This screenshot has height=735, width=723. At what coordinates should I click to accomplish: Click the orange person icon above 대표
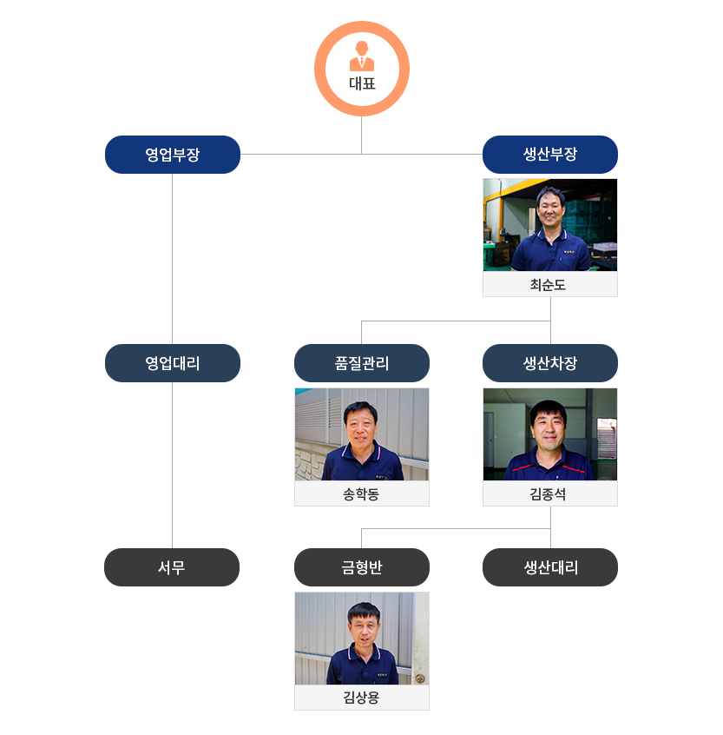point(361,56)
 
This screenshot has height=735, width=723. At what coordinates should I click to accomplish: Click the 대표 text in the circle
point(361,84)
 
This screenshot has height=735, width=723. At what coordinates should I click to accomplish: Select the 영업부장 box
point(172,155)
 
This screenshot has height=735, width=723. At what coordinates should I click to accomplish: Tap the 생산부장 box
point(549,155)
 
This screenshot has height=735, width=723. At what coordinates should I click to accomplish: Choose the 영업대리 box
point(172,363)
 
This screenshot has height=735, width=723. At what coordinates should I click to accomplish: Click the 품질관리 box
point(361,363)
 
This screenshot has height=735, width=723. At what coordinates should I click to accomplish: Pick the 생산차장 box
point(549,363)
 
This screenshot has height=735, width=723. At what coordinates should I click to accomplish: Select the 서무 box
point(172,567)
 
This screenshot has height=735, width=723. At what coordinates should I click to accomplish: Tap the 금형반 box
point(361,567)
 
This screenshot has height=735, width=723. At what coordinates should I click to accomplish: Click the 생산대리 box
point(549,567)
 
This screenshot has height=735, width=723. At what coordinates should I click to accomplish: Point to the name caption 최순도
point(549,285)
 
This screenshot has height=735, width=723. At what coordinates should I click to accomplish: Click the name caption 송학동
point(361,494)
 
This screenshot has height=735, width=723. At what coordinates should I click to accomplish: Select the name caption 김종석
point(549,494)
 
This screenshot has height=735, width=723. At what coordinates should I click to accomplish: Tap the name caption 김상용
point(361,698)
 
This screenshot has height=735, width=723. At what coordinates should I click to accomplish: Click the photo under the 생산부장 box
point(549,225)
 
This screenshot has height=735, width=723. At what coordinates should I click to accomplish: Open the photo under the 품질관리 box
point(361,434)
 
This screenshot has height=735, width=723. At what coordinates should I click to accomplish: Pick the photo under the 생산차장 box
point(549,434)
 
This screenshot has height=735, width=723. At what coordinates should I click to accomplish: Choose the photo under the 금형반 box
point(361,639)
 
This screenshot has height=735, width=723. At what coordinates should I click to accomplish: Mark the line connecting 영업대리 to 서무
point(172,465)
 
